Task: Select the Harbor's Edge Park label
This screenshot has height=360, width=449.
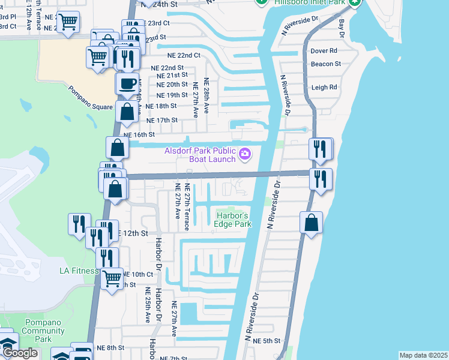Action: (233, 220)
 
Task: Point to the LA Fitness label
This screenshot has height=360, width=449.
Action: (79, 271)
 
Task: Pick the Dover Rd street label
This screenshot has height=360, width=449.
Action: (324, 51)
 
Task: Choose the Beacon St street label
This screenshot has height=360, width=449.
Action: (326, 64)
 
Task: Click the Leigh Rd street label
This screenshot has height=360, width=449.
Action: (324, 87)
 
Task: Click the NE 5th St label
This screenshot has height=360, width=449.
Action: (267, 341)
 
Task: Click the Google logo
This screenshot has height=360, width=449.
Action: (19, 353)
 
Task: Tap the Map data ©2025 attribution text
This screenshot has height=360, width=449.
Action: (423, 355)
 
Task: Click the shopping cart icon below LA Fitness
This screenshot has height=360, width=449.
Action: (112, 278)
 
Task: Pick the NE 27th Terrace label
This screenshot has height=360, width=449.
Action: (187, 207)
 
